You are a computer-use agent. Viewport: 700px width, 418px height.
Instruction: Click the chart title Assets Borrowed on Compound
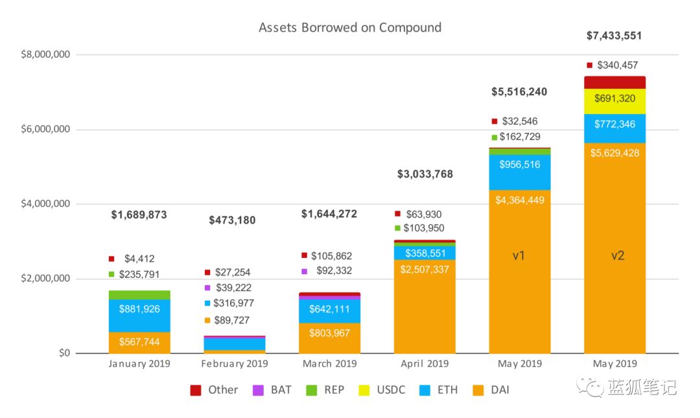tap(350, 28)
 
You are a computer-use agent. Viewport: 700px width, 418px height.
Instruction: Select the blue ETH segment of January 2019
tap(139, 316)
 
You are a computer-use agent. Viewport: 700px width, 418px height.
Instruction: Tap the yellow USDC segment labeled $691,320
tap(614, 101)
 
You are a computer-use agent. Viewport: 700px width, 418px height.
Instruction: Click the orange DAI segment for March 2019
tap(329, 338)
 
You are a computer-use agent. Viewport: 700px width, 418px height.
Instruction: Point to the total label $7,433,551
tap(614, 36)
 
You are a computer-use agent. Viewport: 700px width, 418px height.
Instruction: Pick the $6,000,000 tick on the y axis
tap(45, 129)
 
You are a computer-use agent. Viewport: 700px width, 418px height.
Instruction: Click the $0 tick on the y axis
tap(64, 353)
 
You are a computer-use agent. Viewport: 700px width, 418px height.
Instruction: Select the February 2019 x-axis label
tap(235, 364)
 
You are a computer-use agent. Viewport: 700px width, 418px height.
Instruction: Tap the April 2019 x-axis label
tap(425, 364)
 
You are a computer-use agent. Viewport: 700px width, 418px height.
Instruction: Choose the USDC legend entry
tap(382, 390)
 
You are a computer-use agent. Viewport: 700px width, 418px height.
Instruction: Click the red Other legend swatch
tap(196, 390)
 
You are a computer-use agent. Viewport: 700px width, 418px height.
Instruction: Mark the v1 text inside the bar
tap(519, 255)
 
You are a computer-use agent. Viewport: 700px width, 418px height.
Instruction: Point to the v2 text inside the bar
tap(618, 255)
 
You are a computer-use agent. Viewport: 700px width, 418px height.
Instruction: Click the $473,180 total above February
tap(232, 220)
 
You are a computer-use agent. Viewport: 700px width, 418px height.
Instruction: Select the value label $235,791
tap(139, 274)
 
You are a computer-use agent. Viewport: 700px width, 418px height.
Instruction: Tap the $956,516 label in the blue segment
tap(520, 165)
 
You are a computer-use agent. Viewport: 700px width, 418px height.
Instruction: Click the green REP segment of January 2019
tap(139, 295)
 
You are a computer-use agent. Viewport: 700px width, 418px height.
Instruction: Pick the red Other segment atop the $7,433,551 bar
tap(614, 82)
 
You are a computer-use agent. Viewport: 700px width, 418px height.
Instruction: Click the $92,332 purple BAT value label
tap(334, 271)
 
